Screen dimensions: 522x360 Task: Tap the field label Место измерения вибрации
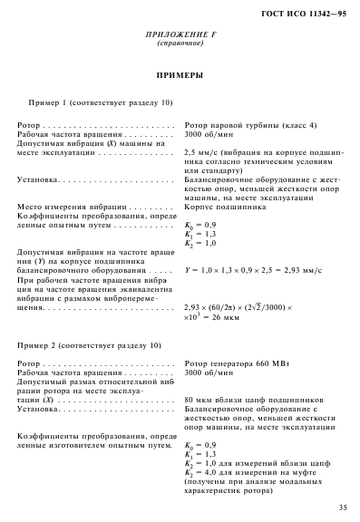coord(73,207)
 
